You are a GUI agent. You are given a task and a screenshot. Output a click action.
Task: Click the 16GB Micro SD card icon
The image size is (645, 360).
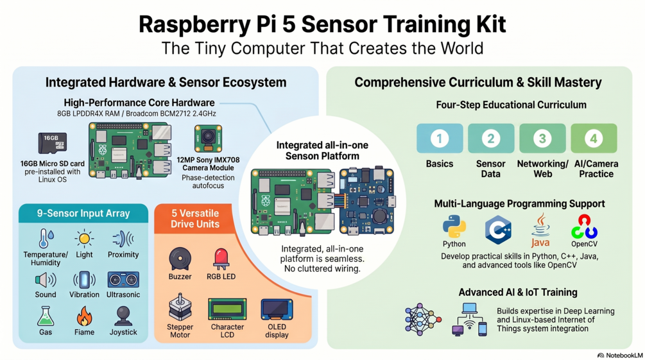[x=52, y=143]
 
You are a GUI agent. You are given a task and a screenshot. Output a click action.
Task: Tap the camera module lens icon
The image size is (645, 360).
[x=208, y=139]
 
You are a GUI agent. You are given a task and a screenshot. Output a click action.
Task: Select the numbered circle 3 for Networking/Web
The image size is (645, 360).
[x=542, y=139]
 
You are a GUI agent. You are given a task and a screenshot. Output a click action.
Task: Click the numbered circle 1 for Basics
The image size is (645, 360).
[x=440, y=139]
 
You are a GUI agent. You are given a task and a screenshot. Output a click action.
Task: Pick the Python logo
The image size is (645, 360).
[x=454, y=227]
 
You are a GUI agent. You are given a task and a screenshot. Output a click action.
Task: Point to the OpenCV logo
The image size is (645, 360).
[x=584, y=227]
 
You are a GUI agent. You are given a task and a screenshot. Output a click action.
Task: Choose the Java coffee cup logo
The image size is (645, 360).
[x=540, y=230]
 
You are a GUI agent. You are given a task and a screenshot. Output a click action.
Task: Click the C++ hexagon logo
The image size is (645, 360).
[x=498, y=230]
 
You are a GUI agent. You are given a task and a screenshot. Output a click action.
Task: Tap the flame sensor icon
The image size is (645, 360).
[x=84, y=316]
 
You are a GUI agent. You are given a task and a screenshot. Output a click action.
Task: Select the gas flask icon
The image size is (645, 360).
[x=46, y=316]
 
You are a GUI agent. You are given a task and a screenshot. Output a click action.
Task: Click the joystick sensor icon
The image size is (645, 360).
[x=123, y=316]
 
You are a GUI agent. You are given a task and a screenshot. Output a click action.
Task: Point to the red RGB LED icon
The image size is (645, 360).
[x=221, y=260]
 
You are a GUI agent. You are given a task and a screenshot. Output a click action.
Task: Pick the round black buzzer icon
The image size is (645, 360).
[x=180, y=259]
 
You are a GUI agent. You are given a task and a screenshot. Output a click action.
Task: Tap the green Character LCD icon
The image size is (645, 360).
[x=227, y=309]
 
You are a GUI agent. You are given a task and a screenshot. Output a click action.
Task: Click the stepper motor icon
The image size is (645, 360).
[x=180, y=307]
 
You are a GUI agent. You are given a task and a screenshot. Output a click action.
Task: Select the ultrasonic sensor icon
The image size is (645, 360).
[x=123, y=280]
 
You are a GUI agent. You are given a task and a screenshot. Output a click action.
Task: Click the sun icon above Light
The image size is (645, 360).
[x=84, y=239]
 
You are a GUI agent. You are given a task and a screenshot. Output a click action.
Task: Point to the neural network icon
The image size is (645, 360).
[x=423, y=320]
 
